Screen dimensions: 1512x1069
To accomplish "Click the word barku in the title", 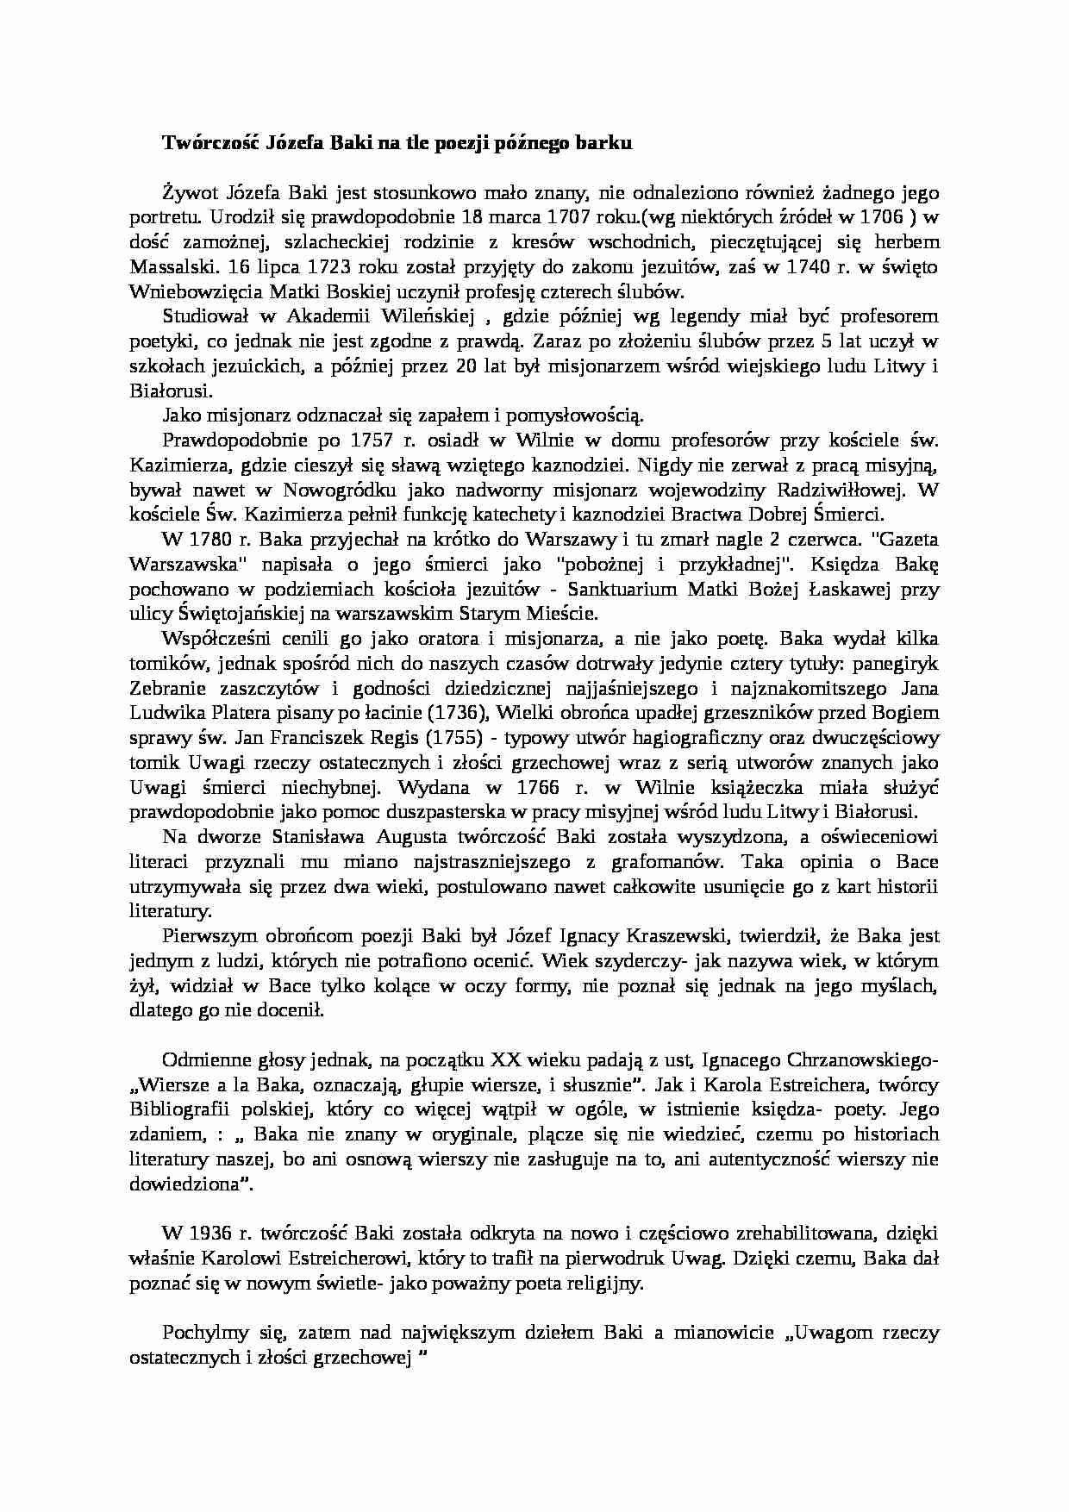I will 607,144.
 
